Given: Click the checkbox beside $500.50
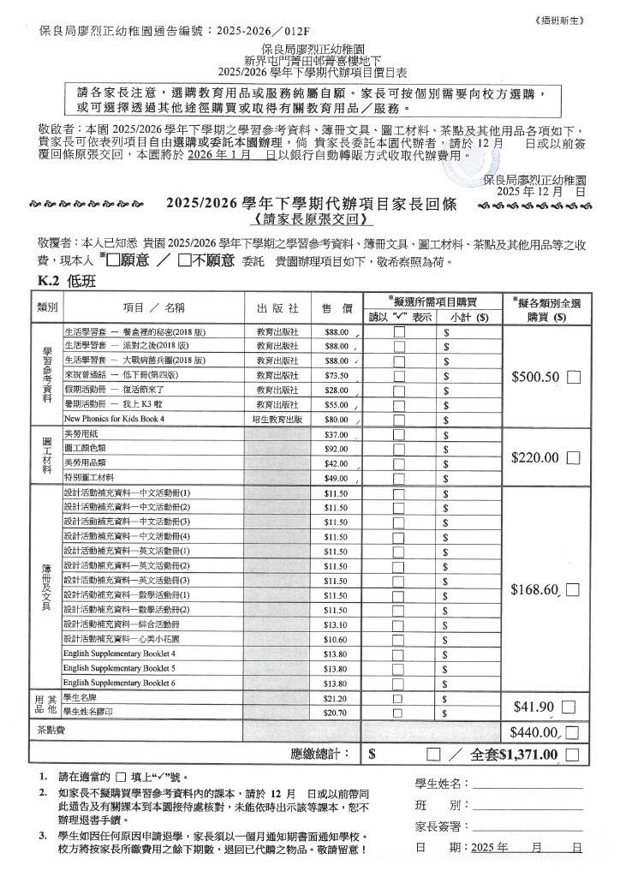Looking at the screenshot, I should tap(573, 377).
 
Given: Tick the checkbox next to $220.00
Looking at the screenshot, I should tap(573, 458).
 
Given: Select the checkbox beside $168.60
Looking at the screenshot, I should tap(573, 590).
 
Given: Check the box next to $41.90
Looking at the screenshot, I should tap(569, 707).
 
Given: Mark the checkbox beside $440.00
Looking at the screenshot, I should tap(572, 732).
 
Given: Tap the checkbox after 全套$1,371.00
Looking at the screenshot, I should tap(572, 755).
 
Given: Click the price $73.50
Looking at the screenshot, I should tap(336, 375).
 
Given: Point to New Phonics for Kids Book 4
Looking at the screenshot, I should tap(114, 420).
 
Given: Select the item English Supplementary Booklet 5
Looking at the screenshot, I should tap(119, 668).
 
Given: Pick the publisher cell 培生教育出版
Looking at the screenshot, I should tap(277, 420).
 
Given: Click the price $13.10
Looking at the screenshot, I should tap(336, 624).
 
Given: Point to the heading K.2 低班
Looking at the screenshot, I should tap(66, 282).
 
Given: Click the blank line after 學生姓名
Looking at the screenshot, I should tap(527, 784).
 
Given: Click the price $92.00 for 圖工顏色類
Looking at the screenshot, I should tap(336, 449).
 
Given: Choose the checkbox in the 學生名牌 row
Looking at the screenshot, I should tap(398, 699).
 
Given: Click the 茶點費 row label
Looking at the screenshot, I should tap(48, 731).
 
